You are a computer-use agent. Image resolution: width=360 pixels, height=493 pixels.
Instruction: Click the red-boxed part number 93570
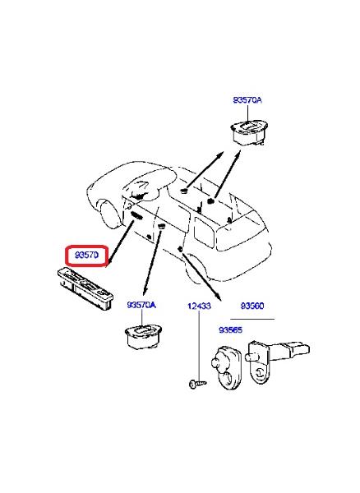[87, 255]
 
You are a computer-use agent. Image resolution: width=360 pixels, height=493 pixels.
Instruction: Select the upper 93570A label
[247, 100]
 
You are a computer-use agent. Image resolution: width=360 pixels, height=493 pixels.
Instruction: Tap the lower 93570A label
[141, 305]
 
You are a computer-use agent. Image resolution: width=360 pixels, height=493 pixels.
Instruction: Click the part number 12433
[199, 306]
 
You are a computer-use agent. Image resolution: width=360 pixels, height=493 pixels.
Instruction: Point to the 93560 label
[252, 306]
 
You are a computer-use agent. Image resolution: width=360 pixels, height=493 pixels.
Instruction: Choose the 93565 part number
[230, 330]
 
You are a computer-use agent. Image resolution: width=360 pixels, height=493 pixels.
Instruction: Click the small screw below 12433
[197, 384]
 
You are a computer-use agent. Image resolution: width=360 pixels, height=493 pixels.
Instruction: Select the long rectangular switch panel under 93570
[85, 288]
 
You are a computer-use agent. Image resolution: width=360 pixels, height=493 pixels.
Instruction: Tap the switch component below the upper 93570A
[249, 132]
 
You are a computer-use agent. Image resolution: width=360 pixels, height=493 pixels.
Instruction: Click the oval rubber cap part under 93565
[227, 368]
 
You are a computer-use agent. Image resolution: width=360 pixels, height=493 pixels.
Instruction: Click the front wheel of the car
[111, 214]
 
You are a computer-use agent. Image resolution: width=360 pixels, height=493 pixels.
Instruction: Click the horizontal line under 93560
[252, 319]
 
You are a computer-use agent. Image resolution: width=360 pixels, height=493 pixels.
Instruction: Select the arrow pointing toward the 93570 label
[120, 243]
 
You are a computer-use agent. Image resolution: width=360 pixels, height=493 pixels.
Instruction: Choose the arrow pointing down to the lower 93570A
[152, 263]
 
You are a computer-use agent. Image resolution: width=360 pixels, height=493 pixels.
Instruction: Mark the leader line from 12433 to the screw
[199, 345]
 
